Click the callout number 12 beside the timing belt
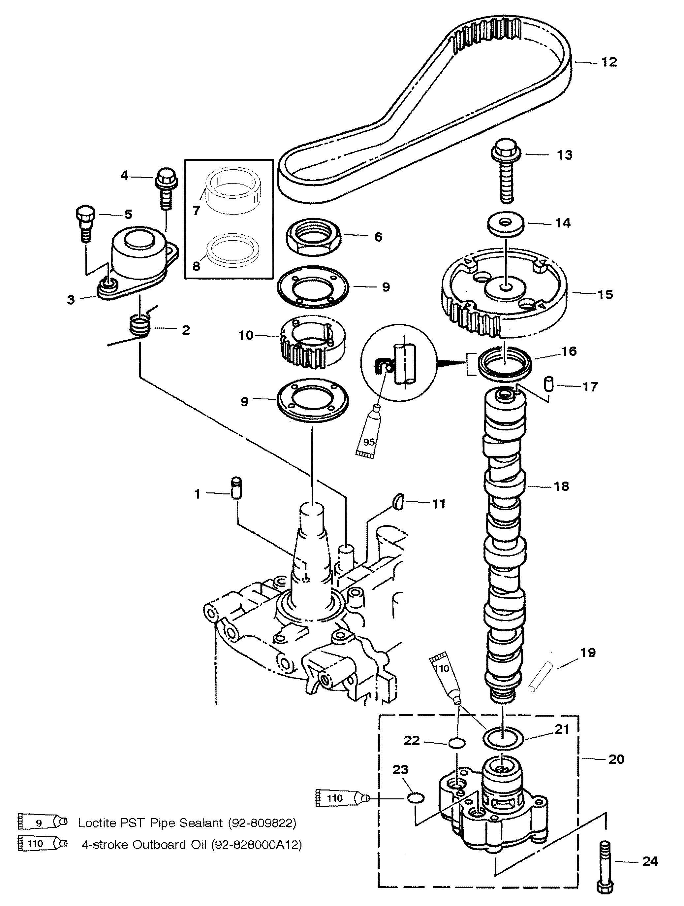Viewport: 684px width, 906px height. click(x=609, y=62)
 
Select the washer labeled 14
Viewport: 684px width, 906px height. click(x=506, y=224)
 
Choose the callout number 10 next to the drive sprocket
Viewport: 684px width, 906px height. click(x=246, y=335)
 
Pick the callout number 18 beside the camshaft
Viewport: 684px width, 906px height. click(x=561, y=486)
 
